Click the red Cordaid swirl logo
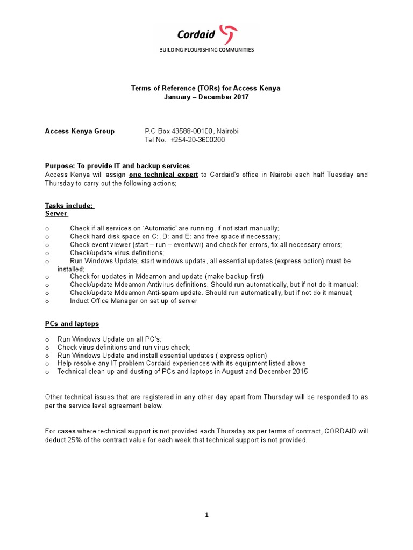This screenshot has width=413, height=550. click(x=230, y=34)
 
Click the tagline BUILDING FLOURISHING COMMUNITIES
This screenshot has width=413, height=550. click(x=206, y=49)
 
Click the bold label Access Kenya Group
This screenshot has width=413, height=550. click(x=80, y=131)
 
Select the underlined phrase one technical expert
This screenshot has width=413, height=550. click(x=164, y=175)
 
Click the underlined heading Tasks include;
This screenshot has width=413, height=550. click(x=69, y=205)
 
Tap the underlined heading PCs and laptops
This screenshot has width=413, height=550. click(x=72, y=324)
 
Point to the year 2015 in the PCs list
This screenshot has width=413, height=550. click(x=300, y=371)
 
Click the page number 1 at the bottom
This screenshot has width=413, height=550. click(x=206, y=515)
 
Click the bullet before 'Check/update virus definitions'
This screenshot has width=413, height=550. click(x=47, y=253)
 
